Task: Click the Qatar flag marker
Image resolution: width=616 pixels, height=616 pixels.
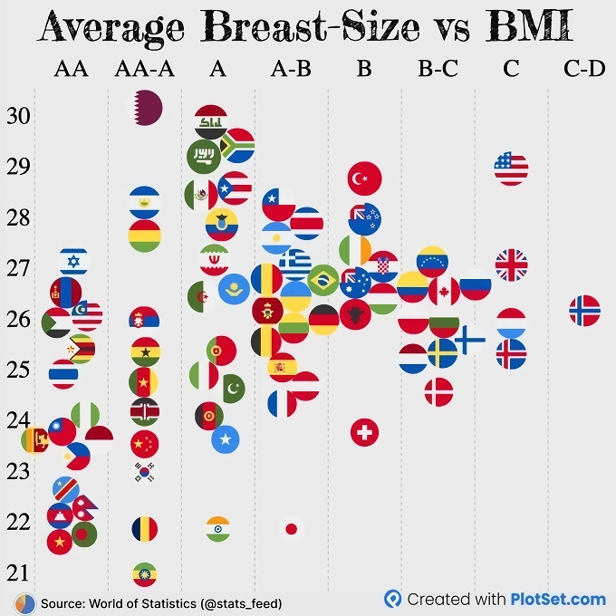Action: [x=145, y=108]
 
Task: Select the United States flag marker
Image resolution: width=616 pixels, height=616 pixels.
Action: [x=511, y=168]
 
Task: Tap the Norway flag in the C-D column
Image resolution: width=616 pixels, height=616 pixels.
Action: [x=584, y=311]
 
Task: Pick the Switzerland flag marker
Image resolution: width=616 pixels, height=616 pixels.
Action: [x=364, y=432]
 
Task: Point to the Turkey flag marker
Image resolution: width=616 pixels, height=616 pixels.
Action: [x=364, y=178]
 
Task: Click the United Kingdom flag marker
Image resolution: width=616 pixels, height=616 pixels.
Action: [x=511, y=265]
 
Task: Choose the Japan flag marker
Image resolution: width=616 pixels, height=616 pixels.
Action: [x=291, y=528]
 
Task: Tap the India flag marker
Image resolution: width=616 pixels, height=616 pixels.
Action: [x=218, y=528]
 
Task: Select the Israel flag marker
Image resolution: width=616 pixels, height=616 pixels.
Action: [x=73, y=262]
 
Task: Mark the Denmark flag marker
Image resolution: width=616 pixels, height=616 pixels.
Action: [x=438, y=391]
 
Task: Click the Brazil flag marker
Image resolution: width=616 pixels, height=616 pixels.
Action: [x=322, y=281]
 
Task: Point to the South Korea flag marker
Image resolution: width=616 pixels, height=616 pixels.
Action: [x=145, y=471]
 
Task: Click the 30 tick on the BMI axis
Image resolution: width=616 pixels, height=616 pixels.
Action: [x=18, y=116]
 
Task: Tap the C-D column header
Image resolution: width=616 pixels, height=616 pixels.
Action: [x=584, y=69]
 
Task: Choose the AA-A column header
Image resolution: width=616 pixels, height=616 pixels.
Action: [x=145, y=69]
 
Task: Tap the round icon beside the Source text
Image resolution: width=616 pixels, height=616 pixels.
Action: [x=24, y=602]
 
